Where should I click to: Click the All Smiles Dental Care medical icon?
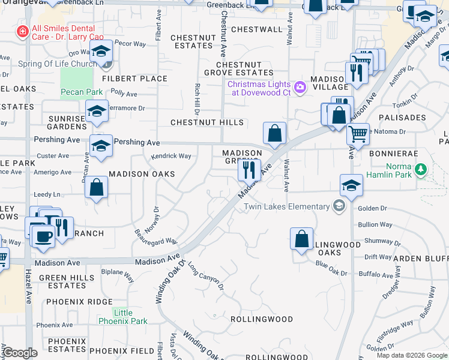coord(22,31)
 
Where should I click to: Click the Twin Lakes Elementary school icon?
coord(339,206)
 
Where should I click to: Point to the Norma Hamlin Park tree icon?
coord(421,169)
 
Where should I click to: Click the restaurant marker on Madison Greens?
coord(249,170)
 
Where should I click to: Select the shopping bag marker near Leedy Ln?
coord(96,188)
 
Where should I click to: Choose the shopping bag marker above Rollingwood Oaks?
coord(301,238)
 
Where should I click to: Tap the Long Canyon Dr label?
coord(205,275)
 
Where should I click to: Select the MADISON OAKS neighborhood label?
coord(142,174)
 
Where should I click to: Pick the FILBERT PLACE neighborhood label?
coord(134,79)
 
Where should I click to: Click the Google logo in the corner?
coord(20,353)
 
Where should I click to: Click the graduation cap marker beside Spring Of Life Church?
coord(101,52)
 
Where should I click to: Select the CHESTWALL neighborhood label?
coord(256,29)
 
